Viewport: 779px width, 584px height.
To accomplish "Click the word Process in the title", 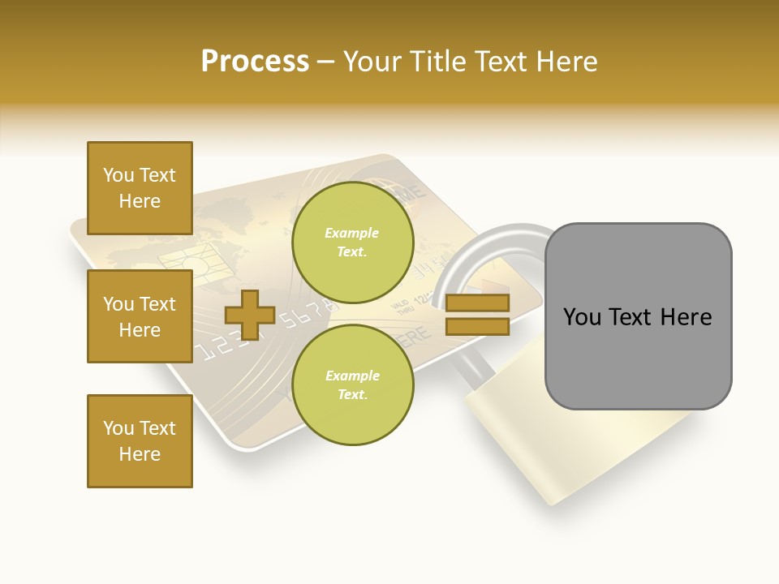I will click(x=255, y=62).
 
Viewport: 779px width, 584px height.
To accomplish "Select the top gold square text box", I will click(x=140, y=188).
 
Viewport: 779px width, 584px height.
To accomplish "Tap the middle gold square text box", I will click(x=140, y=316).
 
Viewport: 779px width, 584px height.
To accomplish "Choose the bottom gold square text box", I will click(x=140, y=441).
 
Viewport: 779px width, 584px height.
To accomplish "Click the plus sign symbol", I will click(x=250, y=315).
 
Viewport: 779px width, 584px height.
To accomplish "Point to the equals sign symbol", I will click(x=477, y=315).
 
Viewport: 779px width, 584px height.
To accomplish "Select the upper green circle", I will click(x=352, y=243).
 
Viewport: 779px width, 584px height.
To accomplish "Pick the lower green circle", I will click(x=352, y=384).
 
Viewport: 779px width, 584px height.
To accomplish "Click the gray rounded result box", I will click(x=638, y=316).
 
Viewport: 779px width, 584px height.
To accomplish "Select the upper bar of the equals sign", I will click(x=477, y=303).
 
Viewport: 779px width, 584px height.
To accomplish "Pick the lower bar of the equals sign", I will click(x=477, y=326).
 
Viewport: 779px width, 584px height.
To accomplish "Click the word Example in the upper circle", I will click(x=352, y=234).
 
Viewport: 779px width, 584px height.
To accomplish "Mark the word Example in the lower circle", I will click(x=352, y=376).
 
